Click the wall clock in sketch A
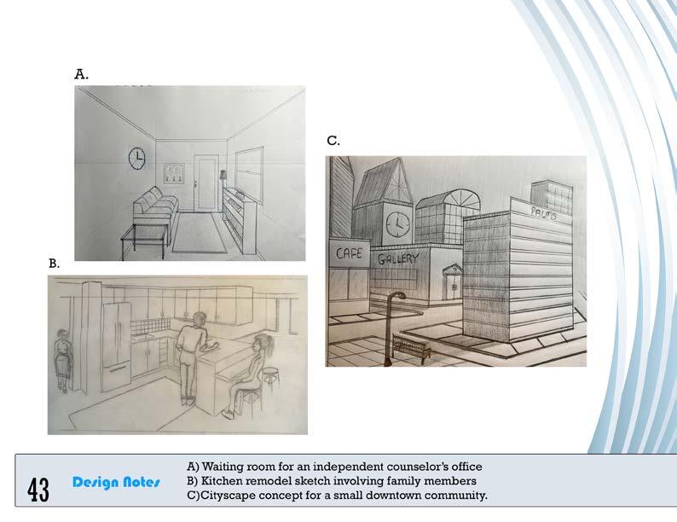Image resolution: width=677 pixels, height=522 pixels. click(x=137, y=158)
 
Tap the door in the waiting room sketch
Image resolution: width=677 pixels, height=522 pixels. click(x=203, y=183)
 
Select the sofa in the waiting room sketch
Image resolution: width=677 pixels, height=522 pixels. click(x=155, y=207)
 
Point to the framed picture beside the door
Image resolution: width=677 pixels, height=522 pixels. click(x=173, y=173)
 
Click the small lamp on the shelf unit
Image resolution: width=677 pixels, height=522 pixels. click(x=223, y=177)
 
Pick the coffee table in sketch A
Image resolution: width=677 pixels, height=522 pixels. click(x=144, y=240)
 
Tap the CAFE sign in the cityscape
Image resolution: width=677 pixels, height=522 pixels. click(x=350, y=252)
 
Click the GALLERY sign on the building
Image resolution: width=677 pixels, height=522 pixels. click(x=398, y=258)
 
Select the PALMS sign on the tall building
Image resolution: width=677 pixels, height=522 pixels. click(x=543, y=213)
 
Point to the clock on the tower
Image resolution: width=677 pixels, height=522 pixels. click(x=397, y=224)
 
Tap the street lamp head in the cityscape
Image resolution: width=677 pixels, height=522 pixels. click(x=398, y=295)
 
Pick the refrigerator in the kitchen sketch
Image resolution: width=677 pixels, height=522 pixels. click(x=117, y=346)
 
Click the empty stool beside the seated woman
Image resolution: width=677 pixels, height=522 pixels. click(x=270, y=380)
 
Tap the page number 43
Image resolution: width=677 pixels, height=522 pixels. click(x=38, y=490)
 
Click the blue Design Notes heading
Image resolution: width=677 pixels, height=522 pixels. click(x=116, y=482)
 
